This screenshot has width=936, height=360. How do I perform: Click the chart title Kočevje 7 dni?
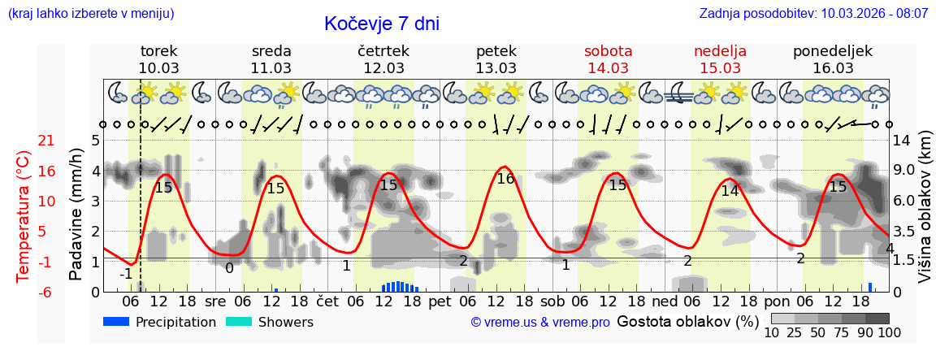pos(381,24)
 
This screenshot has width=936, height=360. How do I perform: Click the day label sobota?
pos(608,50)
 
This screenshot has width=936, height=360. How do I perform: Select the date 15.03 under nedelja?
pos(720,68)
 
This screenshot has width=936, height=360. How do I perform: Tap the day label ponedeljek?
pos(833,50)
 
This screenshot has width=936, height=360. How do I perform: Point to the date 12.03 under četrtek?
pos(383,68)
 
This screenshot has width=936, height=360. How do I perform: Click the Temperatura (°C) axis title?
pos(24,216)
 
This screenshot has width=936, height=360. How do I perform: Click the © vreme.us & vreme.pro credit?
pos(540,323)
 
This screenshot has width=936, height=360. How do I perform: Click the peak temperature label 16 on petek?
pos(505,179)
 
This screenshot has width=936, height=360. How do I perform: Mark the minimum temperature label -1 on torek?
pos(126,274)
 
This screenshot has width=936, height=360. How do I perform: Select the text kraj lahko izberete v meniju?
pos(91,14)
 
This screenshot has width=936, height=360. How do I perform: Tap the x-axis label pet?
pos(440,301)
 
